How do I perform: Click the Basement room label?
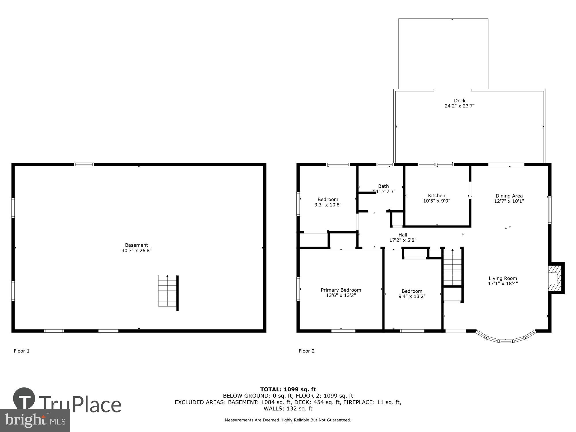(136, 245)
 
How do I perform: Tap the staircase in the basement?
(167, 291)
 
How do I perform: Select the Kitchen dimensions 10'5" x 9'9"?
(436, 201)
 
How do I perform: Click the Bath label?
(383, 186)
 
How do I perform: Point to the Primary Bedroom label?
(341, 290)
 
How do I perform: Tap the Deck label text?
(460, 101)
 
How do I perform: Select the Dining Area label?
(509, 196)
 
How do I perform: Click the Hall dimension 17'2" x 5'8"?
(403, 240)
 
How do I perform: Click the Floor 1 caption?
(22, 351)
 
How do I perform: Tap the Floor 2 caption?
(306, 351)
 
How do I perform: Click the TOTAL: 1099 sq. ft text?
(288, 390)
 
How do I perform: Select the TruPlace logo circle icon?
(24, 399)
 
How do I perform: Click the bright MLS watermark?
(35, 421)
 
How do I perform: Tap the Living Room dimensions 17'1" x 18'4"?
(503, 283)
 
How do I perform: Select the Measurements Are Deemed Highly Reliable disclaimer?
(288, 420)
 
